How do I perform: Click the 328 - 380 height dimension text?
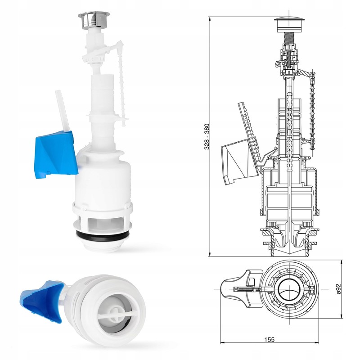206,137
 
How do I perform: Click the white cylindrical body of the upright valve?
103,180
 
